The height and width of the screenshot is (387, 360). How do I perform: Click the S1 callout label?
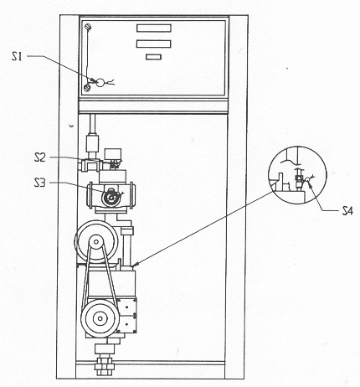tap(17, 57)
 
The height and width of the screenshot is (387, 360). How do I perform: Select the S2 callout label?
tap(39, 157)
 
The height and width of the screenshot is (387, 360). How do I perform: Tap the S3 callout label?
tap(39, 183)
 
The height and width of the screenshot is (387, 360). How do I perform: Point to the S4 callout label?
tap(347, 210)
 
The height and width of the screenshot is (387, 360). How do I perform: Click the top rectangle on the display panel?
tap(154, 28)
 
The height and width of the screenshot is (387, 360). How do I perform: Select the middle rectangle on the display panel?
tap(153, 44)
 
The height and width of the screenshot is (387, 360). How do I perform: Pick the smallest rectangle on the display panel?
tap(153, 57)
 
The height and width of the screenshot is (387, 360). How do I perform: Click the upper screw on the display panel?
tap(88, 27)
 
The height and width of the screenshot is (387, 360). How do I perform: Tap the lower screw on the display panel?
tap(87, 88)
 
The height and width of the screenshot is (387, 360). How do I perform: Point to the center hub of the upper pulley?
tap(96, 242)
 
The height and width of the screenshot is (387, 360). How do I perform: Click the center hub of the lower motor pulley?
tap(100, 318)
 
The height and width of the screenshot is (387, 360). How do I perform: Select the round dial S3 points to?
tap(111, 198)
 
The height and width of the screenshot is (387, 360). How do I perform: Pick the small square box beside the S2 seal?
tap(113, 154)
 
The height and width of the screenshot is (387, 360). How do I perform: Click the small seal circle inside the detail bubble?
tap(307, 180)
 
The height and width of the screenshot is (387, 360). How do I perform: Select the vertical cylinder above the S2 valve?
tap(92, 143)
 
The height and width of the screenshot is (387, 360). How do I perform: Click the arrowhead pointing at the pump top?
tap(136, 264)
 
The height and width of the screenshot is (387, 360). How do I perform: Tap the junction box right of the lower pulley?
tap(126, 315)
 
